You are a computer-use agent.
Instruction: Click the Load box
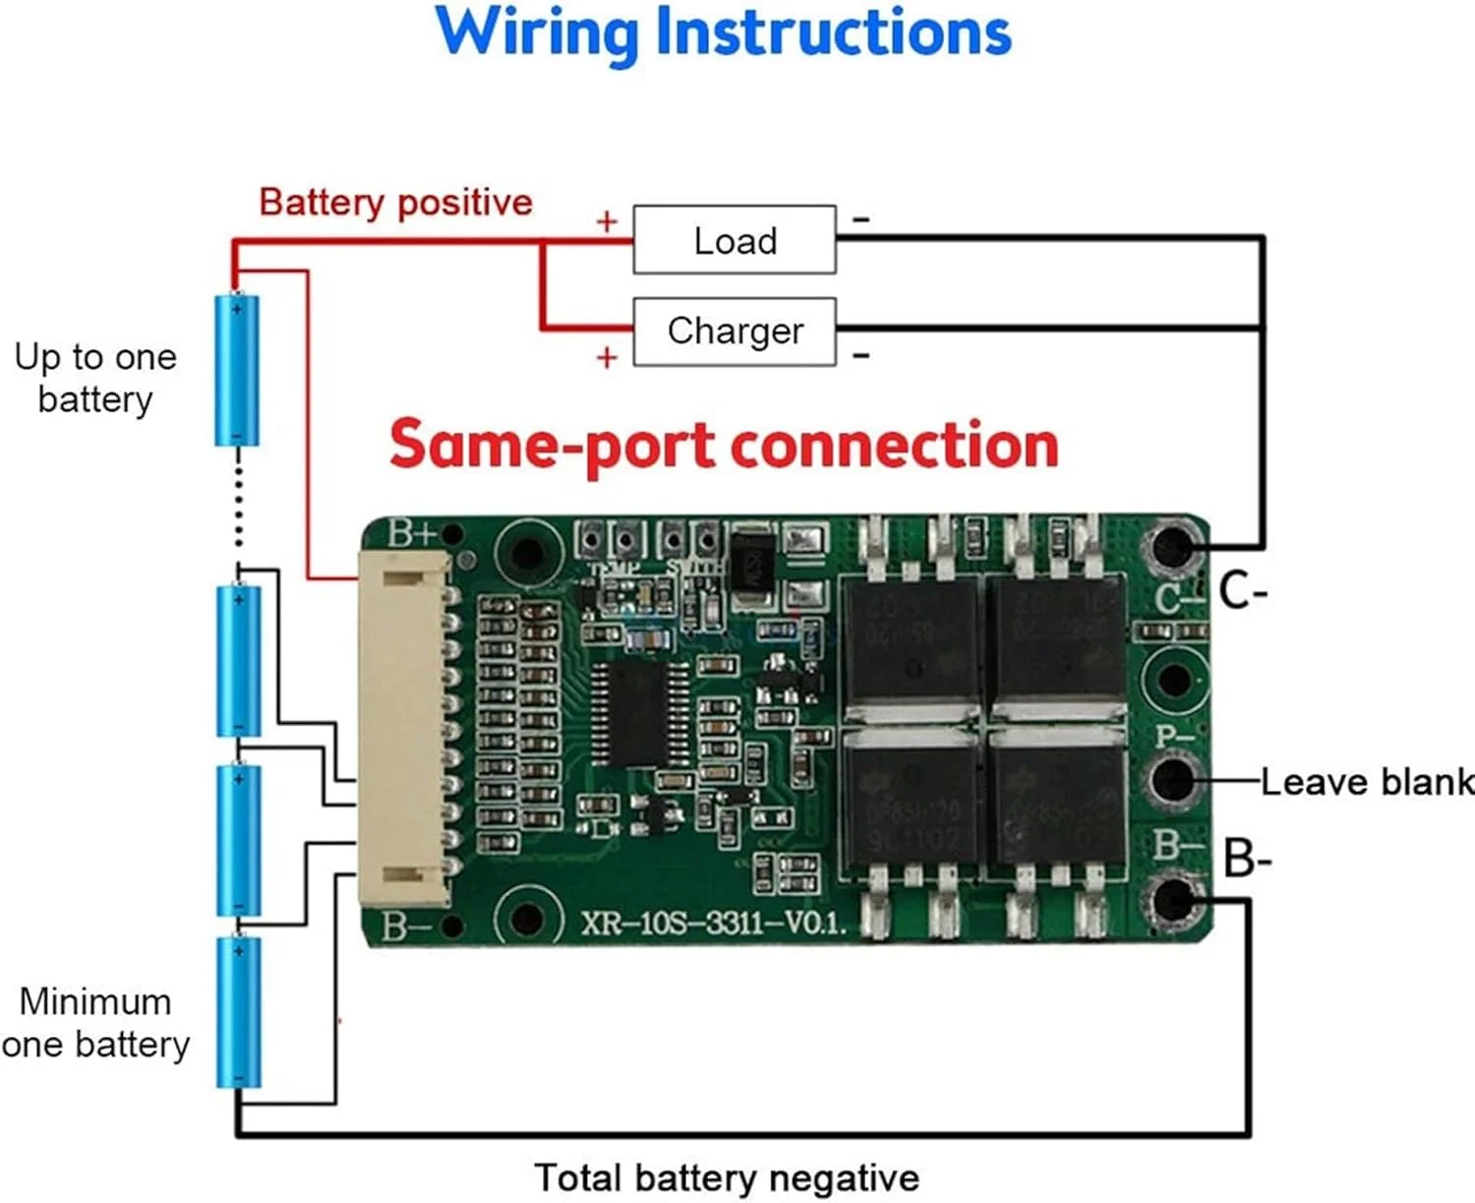735,240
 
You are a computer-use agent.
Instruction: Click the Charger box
735,331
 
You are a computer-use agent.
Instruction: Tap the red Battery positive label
395,203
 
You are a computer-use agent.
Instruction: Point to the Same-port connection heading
724,445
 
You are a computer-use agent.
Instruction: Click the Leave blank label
1367,782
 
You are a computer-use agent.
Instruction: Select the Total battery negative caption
727,1177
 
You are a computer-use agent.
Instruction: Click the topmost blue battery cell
237,370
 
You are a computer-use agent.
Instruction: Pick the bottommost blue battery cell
238,1011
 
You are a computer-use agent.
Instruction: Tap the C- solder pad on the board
1172,547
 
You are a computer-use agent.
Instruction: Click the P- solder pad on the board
1172,779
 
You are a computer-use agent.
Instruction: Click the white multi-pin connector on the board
404,728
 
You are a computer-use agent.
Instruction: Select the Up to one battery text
95,378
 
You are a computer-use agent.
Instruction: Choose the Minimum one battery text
95,1023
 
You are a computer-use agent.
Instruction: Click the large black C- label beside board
1243,592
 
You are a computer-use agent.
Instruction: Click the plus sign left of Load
607,221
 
